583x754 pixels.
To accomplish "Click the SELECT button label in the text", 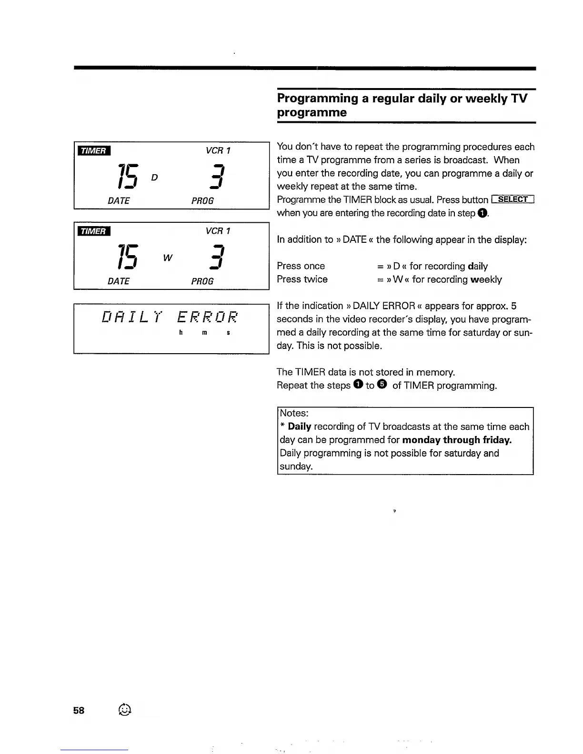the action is coord(513,199).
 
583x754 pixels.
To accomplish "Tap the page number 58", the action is coord(79,710).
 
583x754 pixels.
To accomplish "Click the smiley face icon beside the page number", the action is coord(124,709).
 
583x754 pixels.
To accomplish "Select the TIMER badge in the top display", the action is coord(94,151).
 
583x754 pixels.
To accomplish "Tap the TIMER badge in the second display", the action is coord(94,231).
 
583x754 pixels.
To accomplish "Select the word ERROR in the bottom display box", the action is coord(207,317).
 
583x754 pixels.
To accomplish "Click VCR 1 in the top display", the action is coord(218,151).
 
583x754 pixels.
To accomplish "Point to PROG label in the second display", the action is coord(202,281).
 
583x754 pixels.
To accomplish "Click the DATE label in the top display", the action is coord(119,201).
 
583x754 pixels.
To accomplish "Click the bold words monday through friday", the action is coord(457,440).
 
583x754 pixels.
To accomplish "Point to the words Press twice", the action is coord(302,279).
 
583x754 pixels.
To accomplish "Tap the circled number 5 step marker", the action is coord(382,385).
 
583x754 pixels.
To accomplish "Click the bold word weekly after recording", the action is coord(486,279).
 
